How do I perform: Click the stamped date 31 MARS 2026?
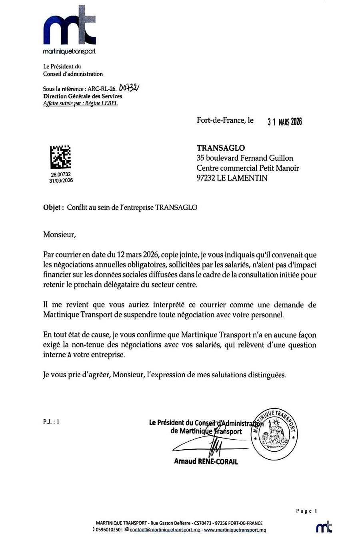coord(284,122)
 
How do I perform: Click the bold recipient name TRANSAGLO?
coord(220,148)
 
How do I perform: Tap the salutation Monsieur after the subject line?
coord(59,235)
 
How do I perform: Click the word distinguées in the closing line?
coord(265,375)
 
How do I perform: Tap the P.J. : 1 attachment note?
coord(51,421)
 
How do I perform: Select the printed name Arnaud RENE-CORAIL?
coord(206,461)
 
